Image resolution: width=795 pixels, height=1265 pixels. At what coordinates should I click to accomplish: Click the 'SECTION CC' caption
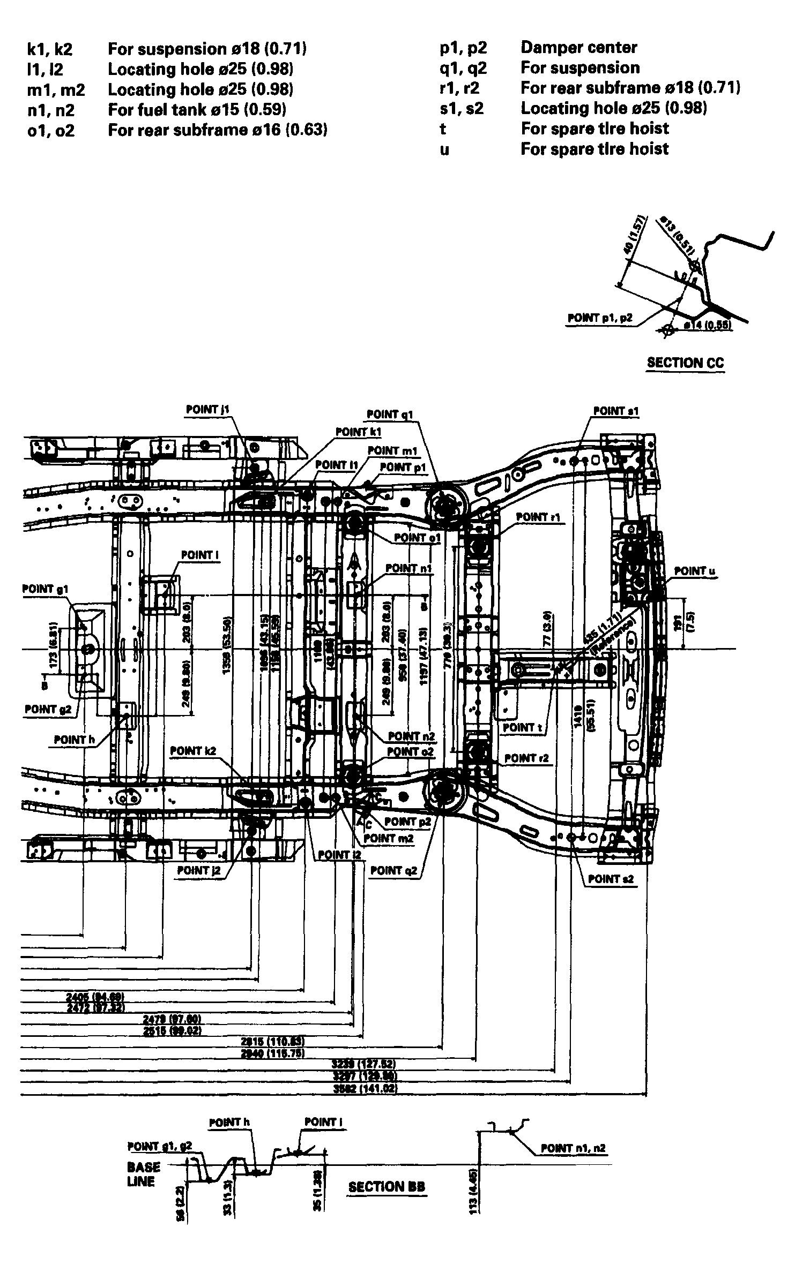(x=685, y=363)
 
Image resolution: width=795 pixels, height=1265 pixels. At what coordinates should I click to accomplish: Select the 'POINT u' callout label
(x=694, y=571)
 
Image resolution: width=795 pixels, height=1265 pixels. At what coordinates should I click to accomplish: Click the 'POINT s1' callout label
(x=616, y=411)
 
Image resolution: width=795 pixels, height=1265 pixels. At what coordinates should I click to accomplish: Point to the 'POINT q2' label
(x=393, y=871)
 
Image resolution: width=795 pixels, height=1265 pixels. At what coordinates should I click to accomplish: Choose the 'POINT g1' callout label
(x=46, y=589)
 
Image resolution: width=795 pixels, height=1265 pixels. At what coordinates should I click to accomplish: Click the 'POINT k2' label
(x=193, y=751)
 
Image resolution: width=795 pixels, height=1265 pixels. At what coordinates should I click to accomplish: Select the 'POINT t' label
(x=519, y=727)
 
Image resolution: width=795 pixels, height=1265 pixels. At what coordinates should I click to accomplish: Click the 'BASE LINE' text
(x=143, y=1174)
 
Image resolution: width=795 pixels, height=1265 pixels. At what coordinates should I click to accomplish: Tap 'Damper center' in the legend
(x=578, y=47)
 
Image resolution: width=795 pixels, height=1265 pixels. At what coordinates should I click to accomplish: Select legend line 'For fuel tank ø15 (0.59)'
(x=197, y=110)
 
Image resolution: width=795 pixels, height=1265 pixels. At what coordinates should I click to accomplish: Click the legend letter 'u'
(x=444, y=149)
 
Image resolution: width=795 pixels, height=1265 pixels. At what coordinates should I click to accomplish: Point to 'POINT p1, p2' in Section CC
(x=599, y=318)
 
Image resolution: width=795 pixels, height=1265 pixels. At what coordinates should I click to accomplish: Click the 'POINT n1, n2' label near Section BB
(x=573, y=1148)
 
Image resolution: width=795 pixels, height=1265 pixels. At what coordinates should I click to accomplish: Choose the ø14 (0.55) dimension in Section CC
(x=709, y=325)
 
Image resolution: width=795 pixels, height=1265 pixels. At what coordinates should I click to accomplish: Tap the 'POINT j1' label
(x=208, y=410)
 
